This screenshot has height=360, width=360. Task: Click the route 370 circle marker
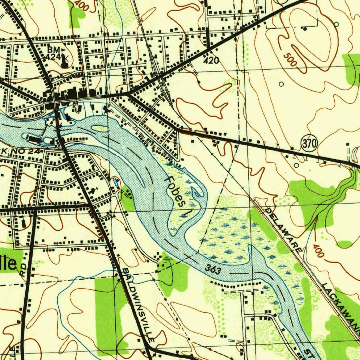coord(309,144)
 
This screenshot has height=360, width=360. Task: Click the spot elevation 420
coord(211,61)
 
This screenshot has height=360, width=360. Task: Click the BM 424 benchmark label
coord(54,52)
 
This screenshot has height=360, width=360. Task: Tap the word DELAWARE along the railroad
coord(283,229)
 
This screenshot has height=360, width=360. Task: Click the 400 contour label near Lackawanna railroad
coord(318,250)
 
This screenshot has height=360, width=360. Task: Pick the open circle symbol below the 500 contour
coord(281,84)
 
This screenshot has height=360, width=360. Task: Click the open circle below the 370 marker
coord(296,165)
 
